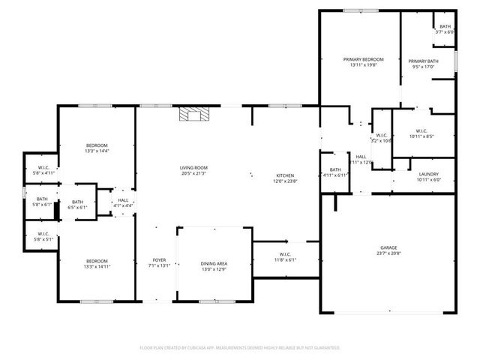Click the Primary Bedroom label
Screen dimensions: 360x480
(x=364, y=59)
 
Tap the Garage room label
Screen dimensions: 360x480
(x=388, y=247)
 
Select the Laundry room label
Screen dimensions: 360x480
(x=428, y=173)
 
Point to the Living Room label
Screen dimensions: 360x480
(x=193, y=167)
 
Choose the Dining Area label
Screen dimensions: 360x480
(x=214, y=263)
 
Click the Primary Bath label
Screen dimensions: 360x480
(x=423, y=61)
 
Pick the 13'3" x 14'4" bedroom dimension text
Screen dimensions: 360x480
(x=97, y=151)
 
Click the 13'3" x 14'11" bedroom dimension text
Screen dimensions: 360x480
(x=97, y=266)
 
